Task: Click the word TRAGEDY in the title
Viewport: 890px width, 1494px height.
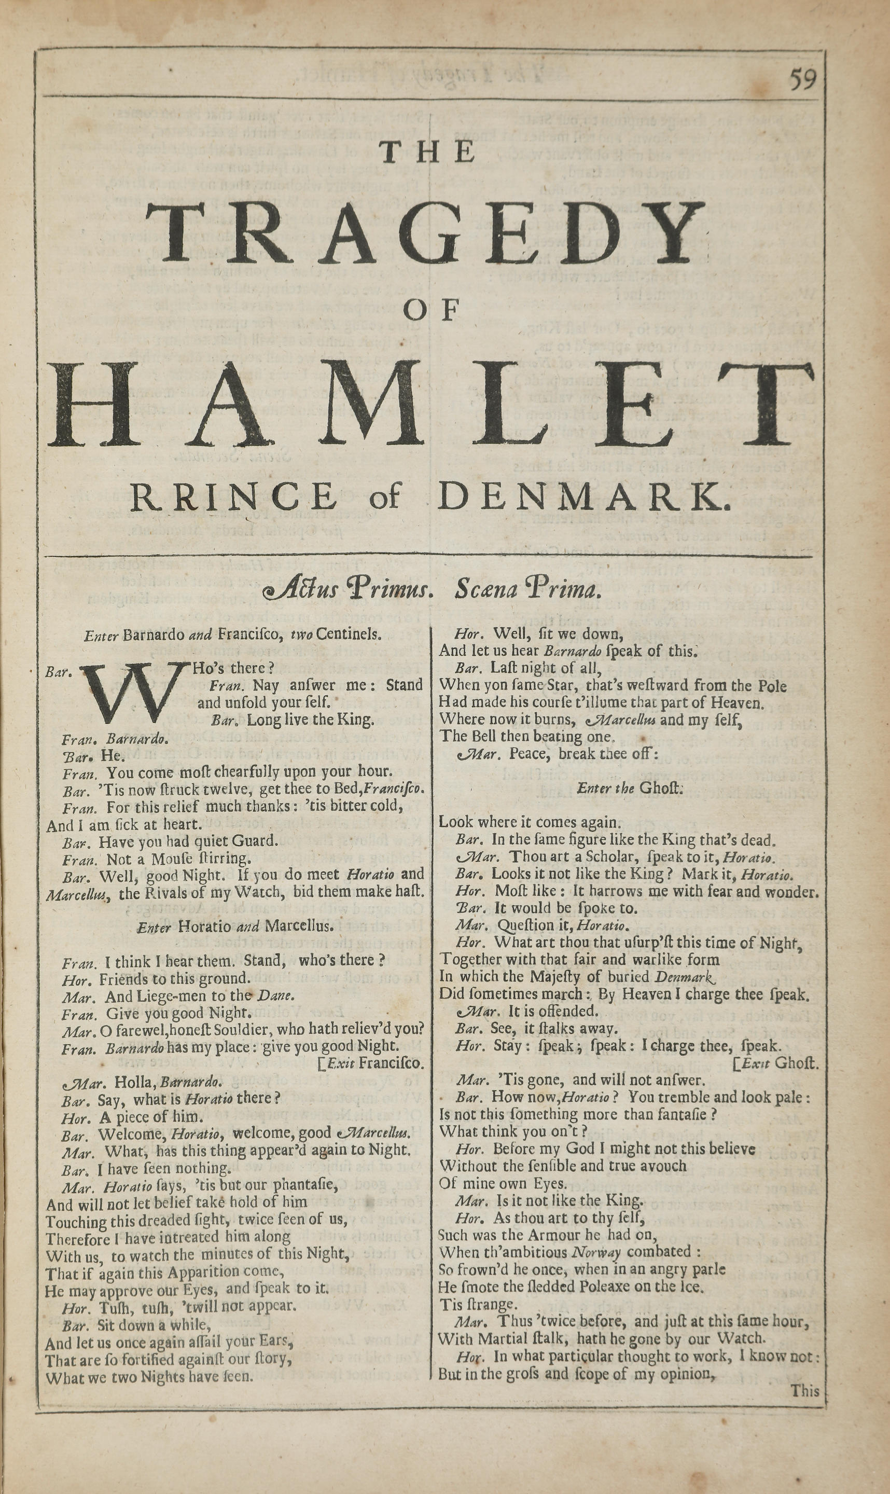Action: [x=425, y=233]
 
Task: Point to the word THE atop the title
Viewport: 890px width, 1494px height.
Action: [x=427, y=152]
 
